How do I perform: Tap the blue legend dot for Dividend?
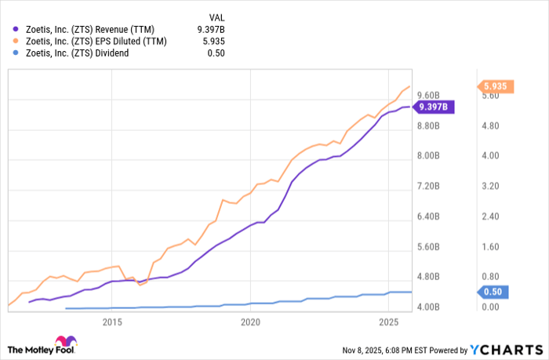[x=16, y=54]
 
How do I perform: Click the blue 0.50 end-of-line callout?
[x=493, y=292]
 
